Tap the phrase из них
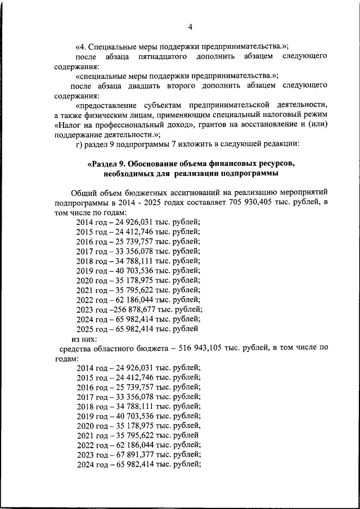84,339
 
